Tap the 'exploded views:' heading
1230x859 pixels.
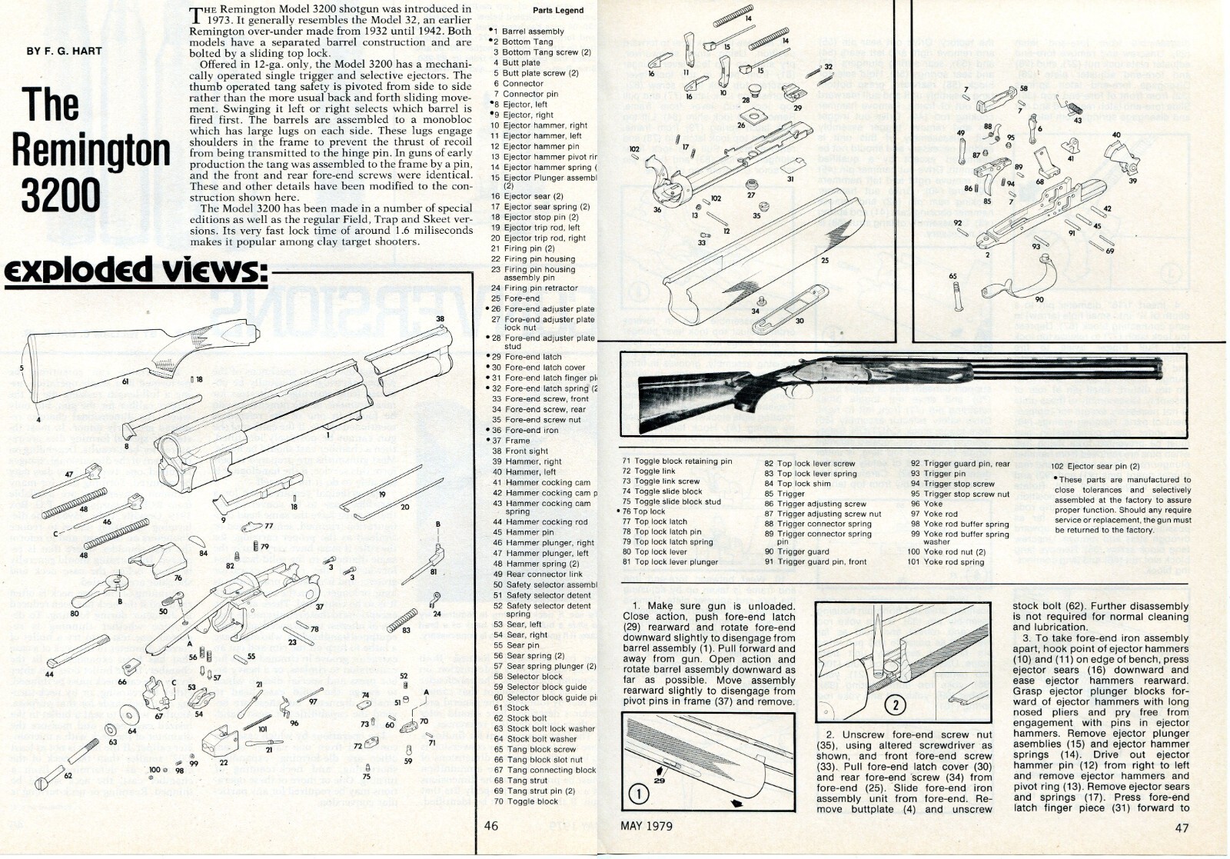click(x=134, y=271)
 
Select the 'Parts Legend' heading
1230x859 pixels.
click(x=557, y=11)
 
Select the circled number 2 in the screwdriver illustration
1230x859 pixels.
click(x=895, y=704)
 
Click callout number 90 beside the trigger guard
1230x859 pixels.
click(x=1039, y=299)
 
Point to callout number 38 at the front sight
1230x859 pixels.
click(x=440, y=318)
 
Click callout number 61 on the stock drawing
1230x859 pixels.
click(x=125, y=381)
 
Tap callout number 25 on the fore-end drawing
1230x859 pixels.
click(x=825, y=261)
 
